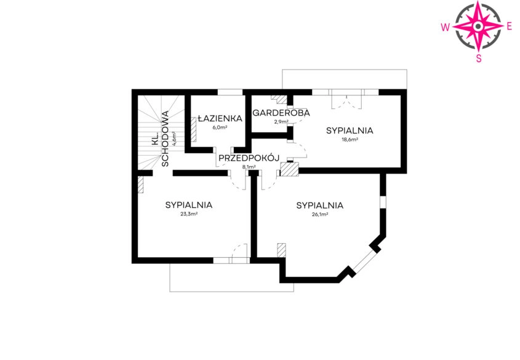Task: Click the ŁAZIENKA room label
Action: click(x=220, y=118)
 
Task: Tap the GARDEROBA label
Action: click(x=281, y=113)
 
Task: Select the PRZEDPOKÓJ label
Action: click(x=249, y=158)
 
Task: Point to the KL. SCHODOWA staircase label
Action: click(x=160, y=138)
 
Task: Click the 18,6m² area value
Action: click(x=350, y=140)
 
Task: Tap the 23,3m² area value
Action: click(x=189, y=214)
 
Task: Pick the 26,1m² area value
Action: click(x=320, y=214)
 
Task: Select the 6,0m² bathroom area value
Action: click(x=220, y=127)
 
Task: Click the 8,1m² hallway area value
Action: click(x=249, y=167)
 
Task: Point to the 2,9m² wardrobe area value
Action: click(x=281, y=121)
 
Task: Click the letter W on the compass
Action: click(x=445, y=27)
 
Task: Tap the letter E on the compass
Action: click(x=510, y=27)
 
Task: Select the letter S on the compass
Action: click(x=479, y=58)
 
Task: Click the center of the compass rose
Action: click(x=478, y=26)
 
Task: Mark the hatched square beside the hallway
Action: click(x=289, y=169)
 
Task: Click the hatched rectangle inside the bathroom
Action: click(x=193, y=130)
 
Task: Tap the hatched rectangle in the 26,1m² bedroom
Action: click(x=282, y=250)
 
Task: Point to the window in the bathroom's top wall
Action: click(x=230, y=92)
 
